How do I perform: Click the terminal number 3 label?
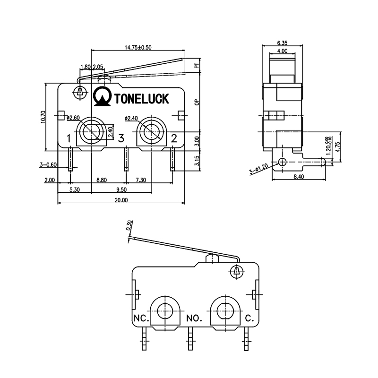(121, 138)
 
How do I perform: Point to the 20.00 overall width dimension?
(121, 200)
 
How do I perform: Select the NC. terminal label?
(141, 318)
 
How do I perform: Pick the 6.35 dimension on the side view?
(283, 43)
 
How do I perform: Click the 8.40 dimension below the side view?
(298, 177)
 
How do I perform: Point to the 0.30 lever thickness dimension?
(129, 225)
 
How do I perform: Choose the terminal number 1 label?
(69, 138)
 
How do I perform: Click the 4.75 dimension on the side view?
(337, 146)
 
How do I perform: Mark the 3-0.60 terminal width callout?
(49, 165)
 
